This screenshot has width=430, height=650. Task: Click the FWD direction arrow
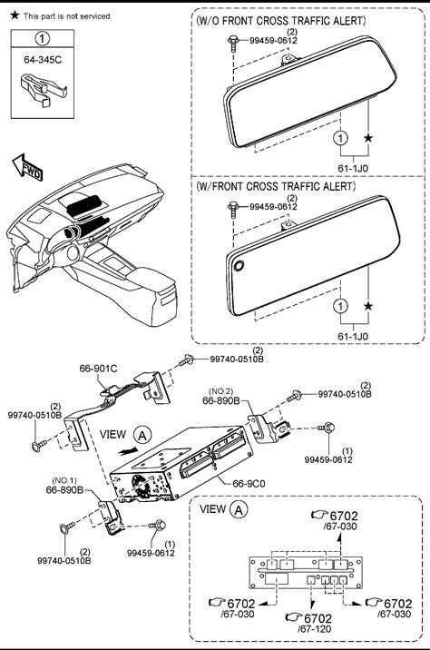[x=27, y=168]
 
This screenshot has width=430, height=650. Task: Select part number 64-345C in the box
[x=43, y=60]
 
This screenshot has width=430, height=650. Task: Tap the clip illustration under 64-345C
[x=43, y=89]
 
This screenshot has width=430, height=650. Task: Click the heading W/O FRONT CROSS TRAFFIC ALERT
[x=281, y=21]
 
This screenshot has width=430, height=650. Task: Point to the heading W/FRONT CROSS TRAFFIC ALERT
[x=276, y=186]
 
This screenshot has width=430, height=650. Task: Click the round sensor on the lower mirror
[x=239, y=265]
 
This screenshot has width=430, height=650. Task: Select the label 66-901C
[x=98, y=368]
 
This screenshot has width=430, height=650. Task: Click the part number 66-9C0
[x=249, y=483]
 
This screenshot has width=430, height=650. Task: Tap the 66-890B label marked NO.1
[x=64, y=489]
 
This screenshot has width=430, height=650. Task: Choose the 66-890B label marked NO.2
[x=220, y=400]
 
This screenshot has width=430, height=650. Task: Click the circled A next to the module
[x=142, y=435]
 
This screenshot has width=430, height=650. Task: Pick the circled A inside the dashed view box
[x=239, y=509]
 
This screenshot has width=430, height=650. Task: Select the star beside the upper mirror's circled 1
[x=368, y=138]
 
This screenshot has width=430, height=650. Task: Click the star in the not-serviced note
[x=15, y=15]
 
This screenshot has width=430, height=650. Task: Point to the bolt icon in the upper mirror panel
[x=232, y=44]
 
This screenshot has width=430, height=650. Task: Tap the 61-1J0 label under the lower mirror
[x=353, y=337]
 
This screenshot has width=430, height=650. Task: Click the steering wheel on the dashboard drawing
[x=73, y=252]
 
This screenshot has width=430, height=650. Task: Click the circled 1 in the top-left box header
[x=43, y=39]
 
